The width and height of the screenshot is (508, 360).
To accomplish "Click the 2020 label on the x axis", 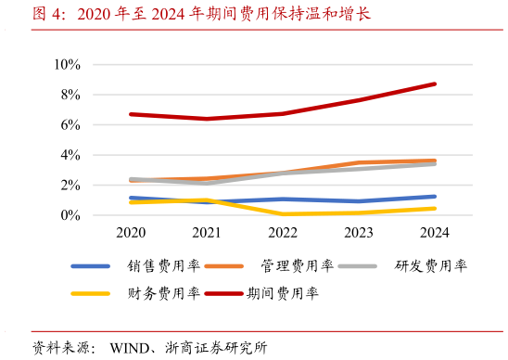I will [131, 233].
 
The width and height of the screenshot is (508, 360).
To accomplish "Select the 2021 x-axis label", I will [206, 233].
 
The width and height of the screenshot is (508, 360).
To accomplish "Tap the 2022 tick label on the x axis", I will [282, 233].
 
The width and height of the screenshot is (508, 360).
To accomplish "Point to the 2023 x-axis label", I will [358, 233].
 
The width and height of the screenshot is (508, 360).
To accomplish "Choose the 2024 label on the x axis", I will [434, 233].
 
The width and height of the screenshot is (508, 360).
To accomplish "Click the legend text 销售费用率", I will [163, 266].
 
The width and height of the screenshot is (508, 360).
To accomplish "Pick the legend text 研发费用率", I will [430, 266].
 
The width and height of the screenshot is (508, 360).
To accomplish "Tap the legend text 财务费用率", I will [163, 294].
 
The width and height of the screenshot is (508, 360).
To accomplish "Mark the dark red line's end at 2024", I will [434, 84].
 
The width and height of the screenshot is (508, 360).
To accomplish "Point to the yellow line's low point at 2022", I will [282, 214].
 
